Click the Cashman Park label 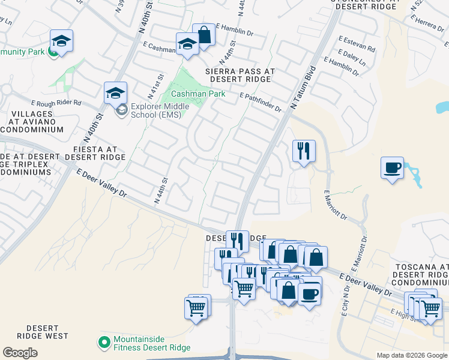pyautogui.click(x=197, y=94)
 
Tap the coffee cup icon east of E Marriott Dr pyautogui.click(x=392, y=167)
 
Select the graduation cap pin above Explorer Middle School pyautogui.click(x=115, y=92)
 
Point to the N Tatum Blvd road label pyautogui.click(x=302, y=88)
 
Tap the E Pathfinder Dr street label pyautogui.click(x=260, y=102)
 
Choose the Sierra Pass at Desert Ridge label pyautogui.click(x=240, y=75)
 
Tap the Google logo pyautogui.click(x=20, y=353)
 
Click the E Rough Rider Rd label pyautogui.click(x=58, y=103)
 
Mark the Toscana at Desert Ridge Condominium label pyautogui.click(x=424, y=274)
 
